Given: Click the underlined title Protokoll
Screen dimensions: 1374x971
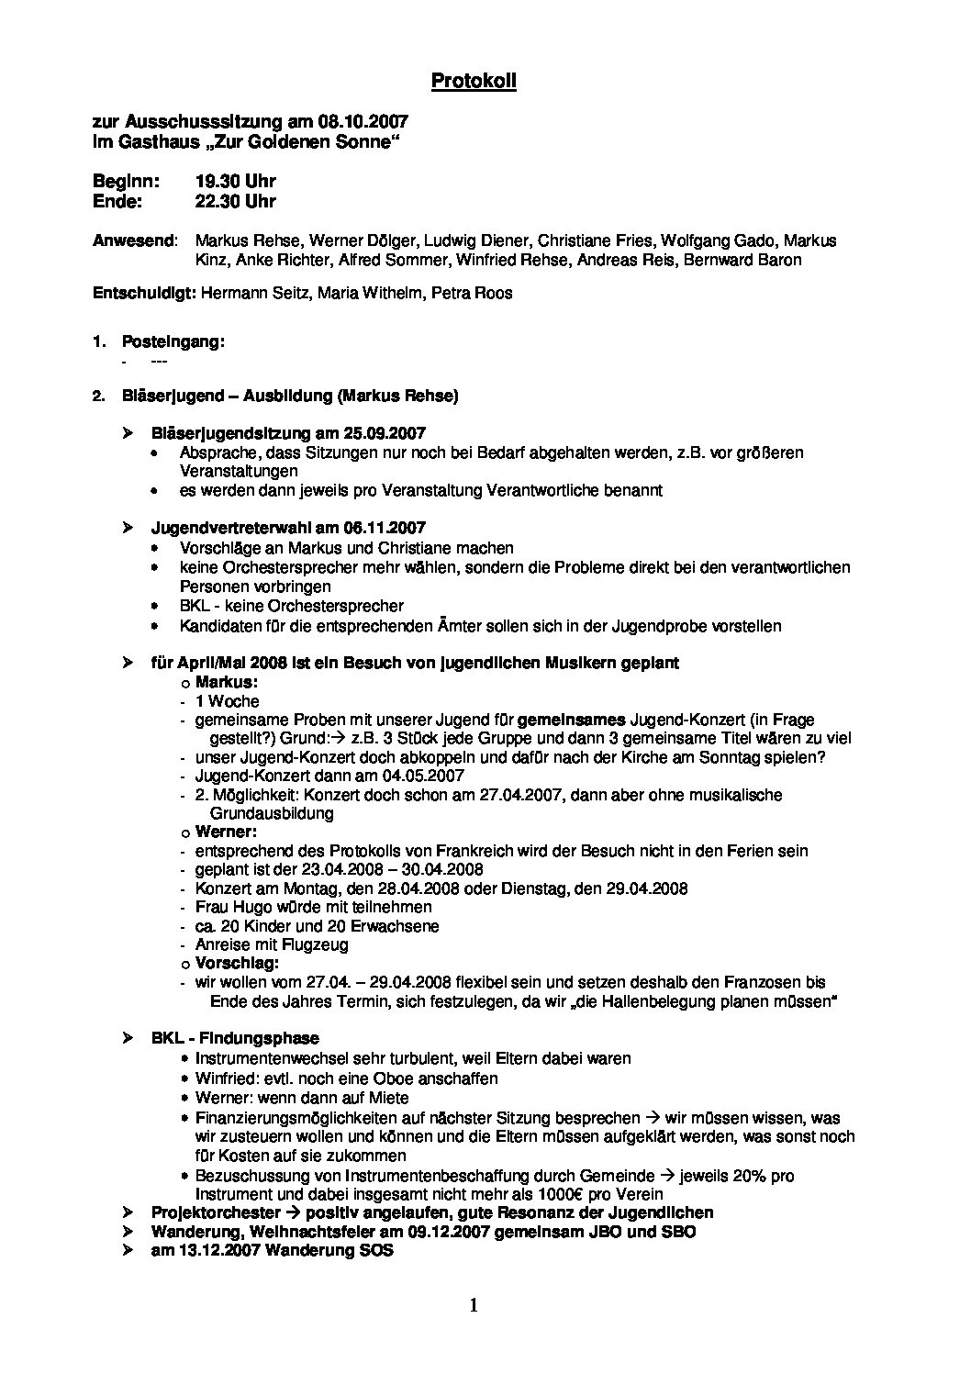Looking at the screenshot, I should point(474,82).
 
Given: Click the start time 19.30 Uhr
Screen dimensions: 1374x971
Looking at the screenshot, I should point(235,182).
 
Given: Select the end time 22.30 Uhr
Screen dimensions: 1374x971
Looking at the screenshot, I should point(235,201).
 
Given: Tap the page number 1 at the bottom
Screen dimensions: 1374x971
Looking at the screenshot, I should point(474,1306).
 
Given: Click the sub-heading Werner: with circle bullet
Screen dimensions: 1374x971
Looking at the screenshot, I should point(225,832).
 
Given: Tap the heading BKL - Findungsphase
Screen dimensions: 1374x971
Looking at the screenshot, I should point(235,1038).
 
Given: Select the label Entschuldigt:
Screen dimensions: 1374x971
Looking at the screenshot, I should point(144,294).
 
